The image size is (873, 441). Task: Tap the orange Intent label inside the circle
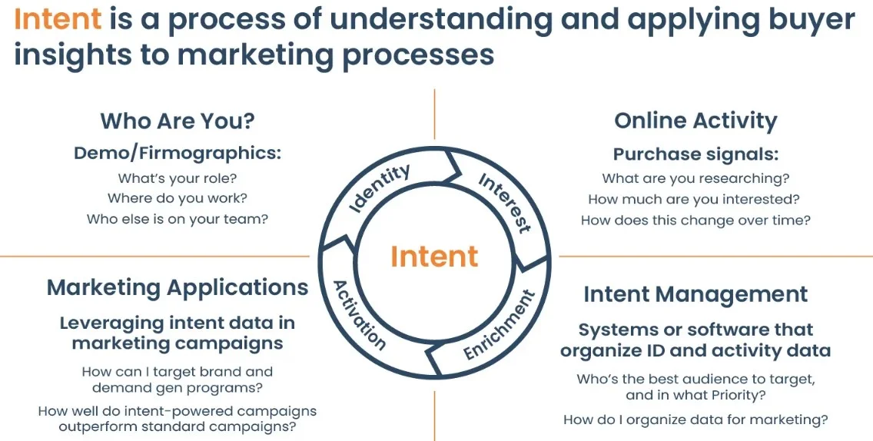pos(434,256)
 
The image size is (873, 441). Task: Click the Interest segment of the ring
pos(504,201)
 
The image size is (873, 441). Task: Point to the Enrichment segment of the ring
pos(498,325)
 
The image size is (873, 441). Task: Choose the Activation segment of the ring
pos(359,313)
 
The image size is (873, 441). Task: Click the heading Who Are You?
pos(177,121)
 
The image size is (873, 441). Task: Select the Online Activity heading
pos(695,121)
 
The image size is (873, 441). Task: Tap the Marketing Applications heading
pos(178,287)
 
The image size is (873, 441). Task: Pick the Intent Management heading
pos(695,294)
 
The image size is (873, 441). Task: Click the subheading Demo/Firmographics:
pos(178,153)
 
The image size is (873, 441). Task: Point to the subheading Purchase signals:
pos(695,154)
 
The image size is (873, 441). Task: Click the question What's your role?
pos(178,178)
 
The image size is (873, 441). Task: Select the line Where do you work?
pos(178,198)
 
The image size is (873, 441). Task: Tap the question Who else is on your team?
pos(178,219)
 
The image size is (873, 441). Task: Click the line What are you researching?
pos(695,178)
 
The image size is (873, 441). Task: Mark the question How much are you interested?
pos(695,199)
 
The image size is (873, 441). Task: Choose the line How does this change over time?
pos(695,220)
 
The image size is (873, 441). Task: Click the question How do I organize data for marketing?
pos(695,419)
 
